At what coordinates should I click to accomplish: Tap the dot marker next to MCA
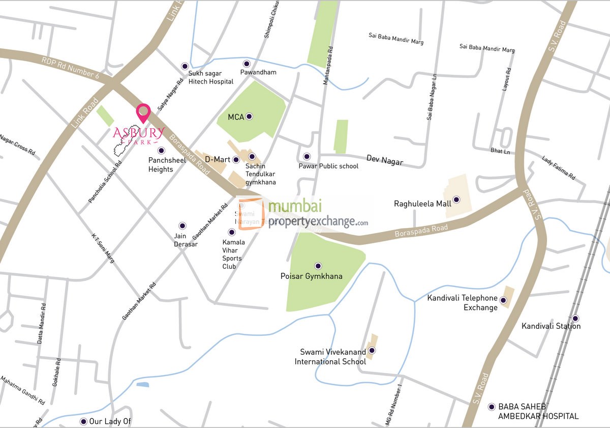(249, 117)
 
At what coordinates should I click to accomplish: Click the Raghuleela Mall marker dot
(456, 199)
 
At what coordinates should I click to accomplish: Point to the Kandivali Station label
(551, 326)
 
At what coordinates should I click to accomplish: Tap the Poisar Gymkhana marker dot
(318, 266)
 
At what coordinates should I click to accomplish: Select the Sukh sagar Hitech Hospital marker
(185, 66)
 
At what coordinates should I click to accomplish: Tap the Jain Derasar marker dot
(182, 225)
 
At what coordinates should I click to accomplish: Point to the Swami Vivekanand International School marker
(372, 350)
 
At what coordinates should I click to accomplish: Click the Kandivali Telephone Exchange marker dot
(503, 300)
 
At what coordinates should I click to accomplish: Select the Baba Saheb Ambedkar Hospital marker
(491, 407)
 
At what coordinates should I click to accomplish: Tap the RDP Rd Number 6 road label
(70, 67)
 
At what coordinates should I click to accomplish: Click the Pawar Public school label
(328, 166)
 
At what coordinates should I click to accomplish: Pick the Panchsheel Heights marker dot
(161, 150)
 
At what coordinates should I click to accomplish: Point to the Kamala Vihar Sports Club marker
(232, 232)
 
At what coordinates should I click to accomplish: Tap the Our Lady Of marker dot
(83, 421)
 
